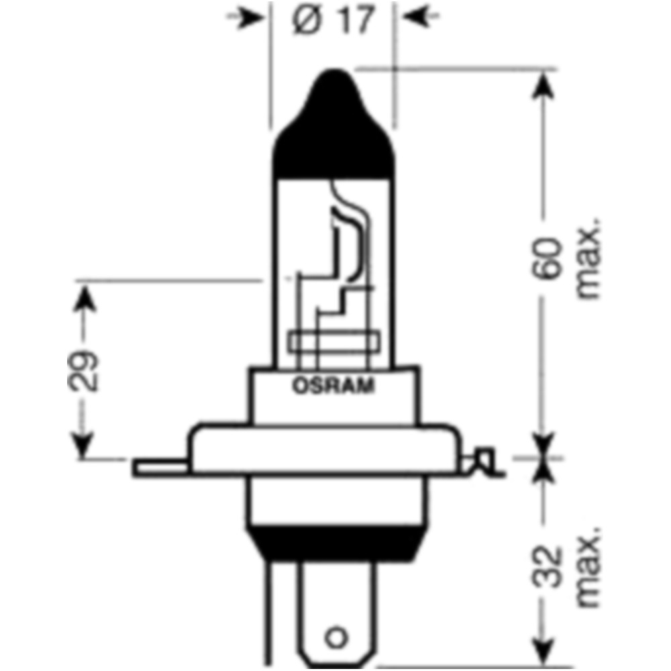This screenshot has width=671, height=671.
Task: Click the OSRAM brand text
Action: point(333,386)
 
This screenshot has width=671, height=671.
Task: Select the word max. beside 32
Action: point(588,567)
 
